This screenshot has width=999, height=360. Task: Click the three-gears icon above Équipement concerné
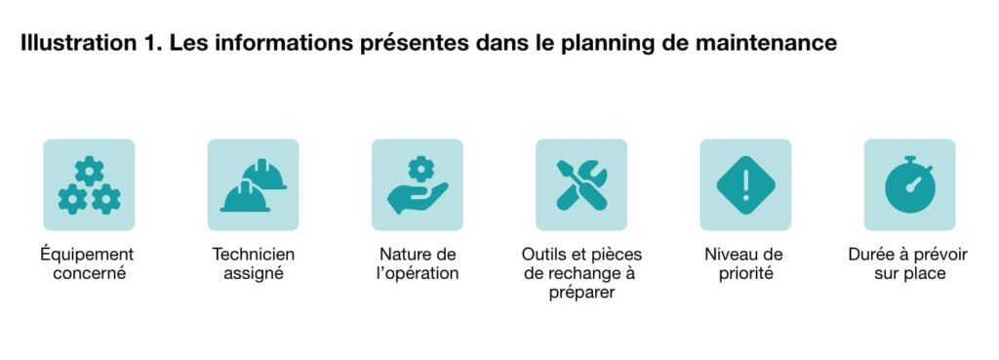[x=89, y=184]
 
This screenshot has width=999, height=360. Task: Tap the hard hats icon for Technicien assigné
[x=253, y=184]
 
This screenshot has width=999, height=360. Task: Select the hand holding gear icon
[x=417, y=184]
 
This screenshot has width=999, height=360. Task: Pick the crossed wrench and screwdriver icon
[x=581, y=184]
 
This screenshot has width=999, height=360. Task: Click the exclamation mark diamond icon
[x=745, y=184]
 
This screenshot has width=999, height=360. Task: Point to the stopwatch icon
[x=909, y=184]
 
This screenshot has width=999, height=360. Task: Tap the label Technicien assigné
[x=253, y=263]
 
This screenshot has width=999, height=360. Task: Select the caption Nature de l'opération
[x=418, y=263]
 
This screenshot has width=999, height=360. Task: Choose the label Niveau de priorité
[x=744, y=263]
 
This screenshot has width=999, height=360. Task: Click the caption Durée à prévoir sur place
[x=909, y=263]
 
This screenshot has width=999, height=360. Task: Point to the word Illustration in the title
[x=71, y=44]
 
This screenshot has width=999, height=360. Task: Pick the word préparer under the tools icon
[x=581, y=292]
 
